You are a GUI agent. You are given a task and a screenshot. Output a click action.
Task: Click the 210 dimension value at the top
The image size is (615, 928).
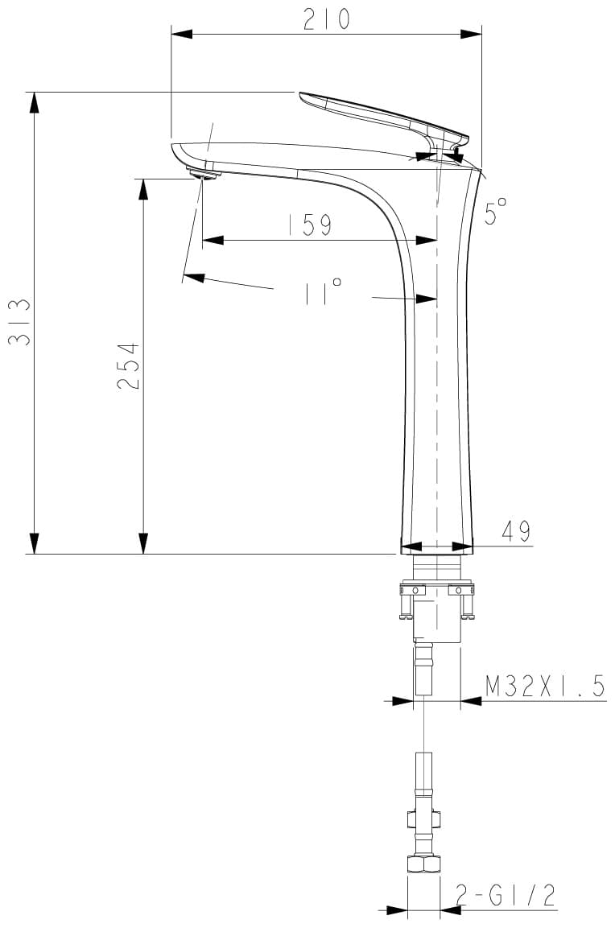tap(327, 19)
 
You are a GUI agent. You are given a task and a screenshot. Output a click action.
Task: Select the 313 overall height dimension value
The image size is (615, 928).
tap(19, 323)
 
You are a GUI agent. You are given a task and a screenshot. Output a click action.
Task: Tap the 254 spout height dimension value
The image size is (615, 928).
tap(128, 365)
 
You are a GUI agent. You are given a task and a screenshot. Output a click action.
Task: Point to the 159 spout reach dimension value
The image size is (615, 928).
tap(310, 225)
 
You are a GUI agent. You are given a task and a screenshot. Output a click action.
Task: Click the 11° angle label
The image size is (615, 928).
tap(323, 292)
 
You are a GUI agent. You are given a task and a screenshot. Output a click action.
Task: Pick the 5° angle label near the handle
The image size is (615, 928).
tap(495, 212)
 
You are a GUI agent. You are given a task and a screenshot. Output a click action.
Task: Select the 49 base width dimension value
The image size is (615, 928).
tap(516, 531)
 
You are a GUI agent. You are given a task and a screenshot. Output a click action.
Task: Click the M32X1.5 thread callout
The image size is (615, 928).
tap(545, 686)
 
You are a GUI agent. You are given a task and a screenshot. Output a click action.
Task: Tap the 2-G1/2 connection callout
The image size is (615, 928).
tap(506, 896)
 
